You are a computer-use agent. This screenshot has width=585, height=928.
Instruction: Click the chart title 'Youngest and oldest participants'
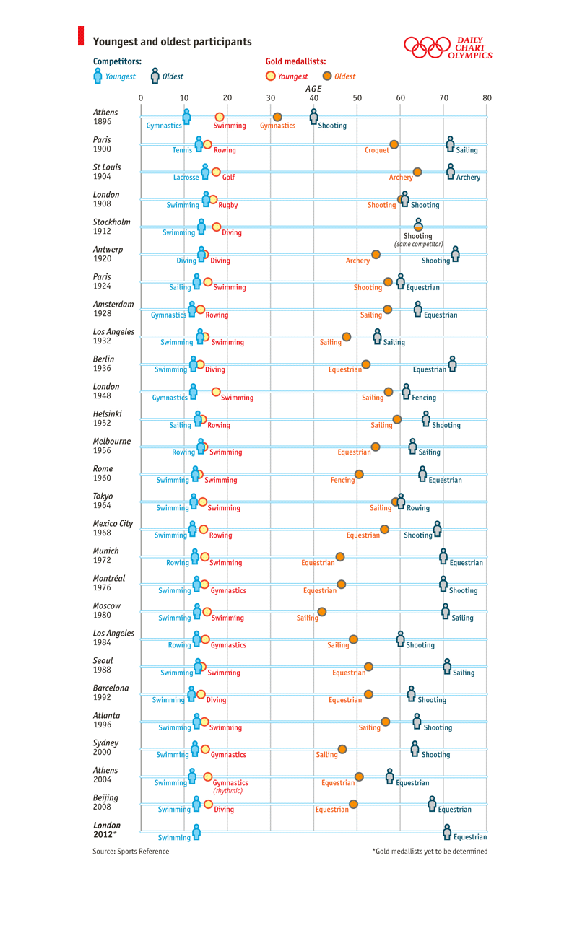(x=172, y=42)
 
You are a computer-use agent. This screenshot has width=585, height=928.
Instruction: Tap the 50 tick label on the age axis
(x=357, y=97)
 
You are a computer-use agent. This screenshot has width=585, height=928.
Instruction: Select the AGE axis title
(x=313, y=89)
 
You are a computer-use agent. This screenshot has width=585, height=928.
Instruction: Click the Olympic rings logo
(x=427, y=47)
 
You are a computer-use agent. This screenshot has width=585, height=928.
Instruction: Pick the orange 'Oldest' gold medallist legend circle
(x=327, y=76)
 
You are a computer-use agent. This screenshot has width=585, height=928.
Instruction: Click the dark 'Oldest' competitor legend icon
(x=155, y=76)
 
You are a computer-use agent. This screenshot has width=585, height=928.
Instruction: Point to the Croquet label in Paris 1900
(x=377, y=150)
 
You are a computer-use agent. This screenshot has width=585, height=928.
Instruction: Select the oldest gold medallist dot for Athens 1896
(x=277, y=117)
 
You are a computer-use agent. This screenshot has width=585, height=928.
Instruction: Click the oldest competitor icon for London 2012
(x=447, y=831)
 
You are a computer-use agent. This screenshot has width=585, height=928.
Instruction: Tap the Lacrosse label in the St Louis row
(x=186, y=178)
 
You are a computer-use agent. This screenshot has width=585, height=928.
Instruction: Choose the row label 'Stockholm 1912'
(x=111, y=226)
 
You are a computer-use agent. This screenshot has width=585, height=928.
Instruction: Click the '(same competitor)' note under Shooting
(x=418, y=244)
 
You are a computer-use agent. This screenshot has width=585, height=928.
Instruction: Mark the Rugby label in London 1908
(x=228, y=205)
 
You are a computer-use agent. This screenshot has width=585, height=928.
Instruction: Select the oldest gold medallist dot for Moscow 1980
(x=321, y=611)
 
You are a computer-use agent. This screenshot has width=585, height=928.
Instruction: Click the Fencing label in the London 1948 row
(x=424, y=398)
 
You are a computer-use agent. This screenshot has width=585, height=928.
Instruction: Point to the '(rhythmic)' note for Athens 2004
(x=227, y=791)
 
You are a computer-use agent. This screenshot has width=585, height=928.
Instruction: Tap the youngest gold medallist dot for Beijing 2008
(x=208, y=804)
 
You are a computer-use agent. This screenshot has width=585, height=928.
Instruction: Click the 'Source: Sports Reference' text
(x=131, y=851)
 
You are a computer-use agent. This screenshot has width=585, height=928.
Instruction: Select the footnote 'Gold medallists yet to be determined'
(x=431, y=851)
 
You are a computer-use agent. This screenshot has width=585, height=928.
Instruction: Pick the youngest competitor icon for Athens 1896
(x=186, y=117)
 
